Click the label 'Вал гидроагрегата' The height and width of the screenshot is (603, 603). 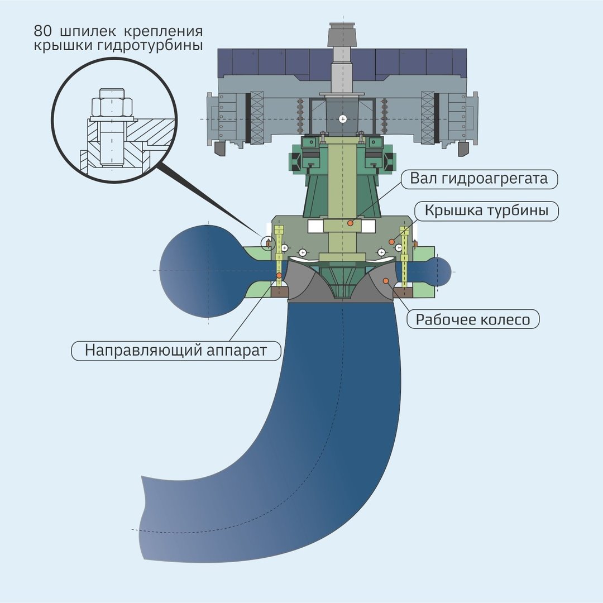click(x=479, y=179)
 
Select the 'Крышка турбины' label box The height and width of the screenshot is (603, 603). click(x=486, y=210)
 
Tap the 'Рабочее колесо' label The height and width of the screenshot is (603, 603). click(x=473, y=319)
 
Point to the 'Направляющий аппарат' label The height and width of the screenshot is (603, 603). click(x=176, y=351)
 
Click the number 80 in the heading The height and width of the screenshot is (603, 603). click(x=42, y=31)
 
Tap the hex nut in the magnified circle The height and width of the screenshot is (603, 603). click(x=112, y=107)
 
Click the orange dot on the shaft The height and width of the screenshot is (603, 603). click(x=350, y=223)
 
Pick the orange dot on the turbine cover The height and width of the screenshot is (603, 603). click(x=391, y=242)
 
